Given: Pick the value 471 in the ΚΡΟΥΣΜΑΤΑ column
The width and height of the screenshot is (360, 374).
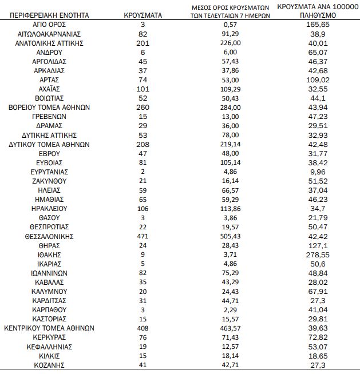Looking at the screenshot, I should tap(143, 236).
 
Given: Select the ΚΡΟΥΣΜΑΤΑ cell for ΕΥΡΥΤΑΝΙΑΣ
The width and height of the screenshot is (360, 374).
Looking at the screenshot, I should tap(143, 172).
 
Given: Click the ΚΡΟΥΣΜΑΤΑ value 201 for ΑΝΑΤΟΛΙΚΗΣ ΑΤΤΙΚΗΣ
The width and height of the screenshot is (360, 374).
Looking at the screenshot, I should tap(143, 42).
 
